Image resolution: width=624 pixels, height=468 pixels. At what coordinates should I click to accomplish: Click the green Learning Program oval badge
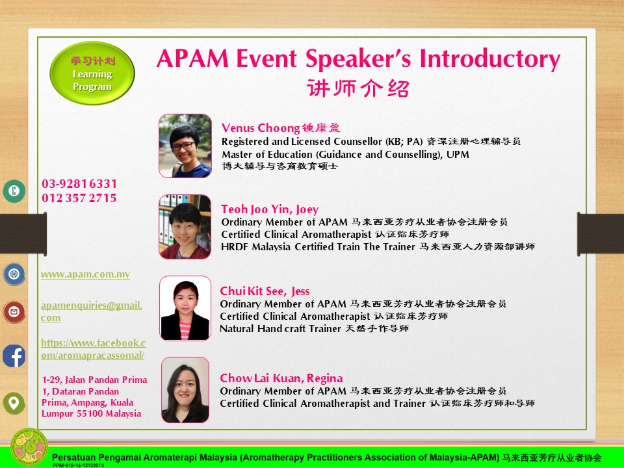click(x=92, y=73)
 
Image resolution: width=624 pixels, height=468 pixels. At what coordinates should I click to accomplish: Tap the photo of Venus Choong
click(x=185, y=146)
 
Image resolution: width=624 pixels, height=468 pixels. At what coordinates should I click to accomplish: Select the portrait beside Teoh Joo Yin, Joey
click(x=185, y=226)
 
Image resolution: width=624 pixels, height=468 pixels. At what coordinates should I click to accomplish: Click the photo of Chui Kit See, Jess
click(x=185, y=308)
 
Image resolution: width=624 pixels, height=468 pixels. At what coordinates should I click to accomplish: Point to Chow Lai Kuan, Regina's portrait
click(x=185, y=389)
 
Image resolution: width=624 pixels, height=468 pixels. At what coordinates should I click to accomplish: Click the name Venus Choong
click(x=261, y=128)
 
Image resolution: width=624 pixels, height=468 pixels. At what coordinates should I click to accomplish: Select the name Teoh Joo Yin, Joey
click(x=270, y=209)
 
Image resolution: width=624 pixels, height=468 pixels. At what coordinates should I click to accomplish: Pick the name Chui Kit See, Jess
click(x=265, y=291)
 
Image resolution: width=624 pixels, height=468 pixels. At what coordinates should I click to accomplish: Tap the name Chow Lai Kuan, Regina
click(x=281, y=378)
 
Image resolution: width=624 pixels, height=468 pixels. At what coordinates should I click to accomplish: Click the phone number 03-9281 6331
click(x=79, y=184)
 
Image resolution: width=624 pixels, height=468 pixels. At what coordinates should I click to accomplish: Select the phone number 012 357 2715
click(x=79, y=198)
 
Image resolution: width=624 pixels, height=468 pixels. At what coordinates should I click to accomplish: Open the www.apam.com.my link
click(x=86, y=274)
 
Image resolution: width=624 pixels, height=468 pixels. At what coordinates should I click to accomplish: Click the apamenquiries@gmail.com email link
click(x=92, y=311)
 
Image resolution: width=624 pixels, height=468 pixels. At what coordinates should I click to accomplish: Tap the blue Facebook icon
click(x=14, y=356)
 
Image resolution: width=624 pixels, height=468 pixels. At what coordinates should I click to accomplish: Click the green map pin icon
click(x=14, y=403)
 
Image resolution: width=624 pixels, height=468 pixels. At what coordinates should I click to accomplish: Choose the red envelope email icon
click(x=14, y=312)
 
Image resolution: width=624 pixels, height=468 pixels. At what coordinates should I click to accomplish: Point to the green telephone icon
click(x=14, y=191)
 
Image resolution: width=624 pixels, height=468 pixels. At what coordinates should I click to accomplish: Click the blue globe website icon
click(x=14, y=274)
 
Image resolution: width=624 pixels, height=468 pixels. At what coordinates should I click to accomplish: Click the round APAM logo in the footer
click(x=29, y=447)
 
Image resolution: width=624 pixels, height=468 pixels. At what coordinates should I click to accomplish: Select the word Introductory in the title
click(x=490, y=59)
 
